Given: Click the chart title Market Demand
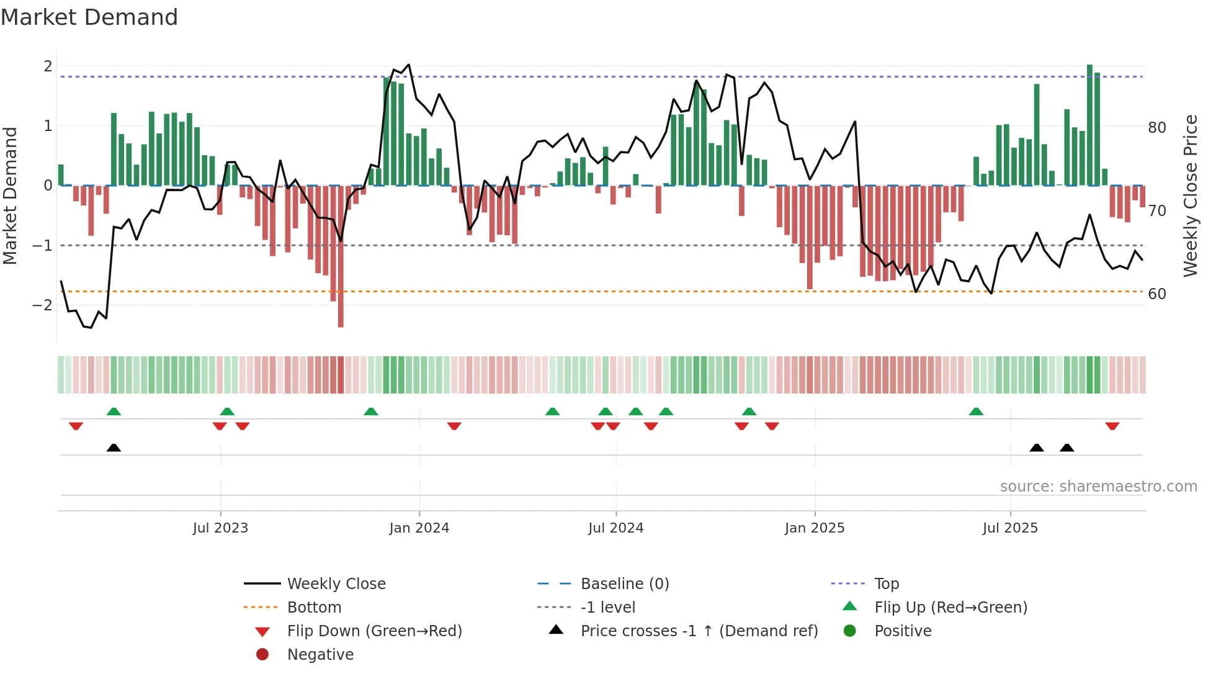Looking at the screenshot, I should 89,17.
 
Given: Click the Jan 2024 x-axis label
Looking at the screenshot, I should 419,528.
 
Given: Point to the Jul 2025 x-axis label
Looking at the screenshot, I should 1009,528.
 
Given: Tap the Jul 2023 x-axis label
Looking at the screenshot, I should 220,528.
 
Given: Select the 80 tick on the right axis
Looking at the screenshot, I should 1156,128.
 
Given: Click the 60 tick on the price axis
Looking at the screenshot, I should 1156,294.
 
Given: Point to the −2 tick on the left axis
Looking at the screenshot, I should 42,305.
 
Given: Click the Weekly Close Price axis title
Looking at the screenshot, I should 1190,196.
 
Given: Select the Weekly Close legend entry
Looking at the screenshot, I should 336,584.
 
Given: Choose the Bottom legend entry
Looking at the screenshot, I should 314,608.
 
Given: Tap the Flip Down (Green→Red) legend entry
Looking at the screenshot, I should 374,631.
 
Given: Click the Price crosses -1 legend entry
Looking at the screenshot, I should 699,631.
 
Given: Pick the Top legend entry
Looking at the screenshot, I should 886,584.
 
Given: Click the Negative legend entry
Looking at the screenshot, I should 320,655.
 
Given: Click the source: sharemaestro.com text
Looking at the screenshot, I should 1098,487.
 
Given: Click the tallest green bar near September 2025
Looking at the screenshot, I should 1089,124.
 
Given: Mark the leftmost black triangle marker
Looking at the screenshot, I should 114,448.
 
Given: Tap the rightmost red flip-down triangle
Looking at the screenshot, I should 1112,426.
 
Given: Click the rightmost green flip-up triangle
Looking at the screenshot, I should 976,412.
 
